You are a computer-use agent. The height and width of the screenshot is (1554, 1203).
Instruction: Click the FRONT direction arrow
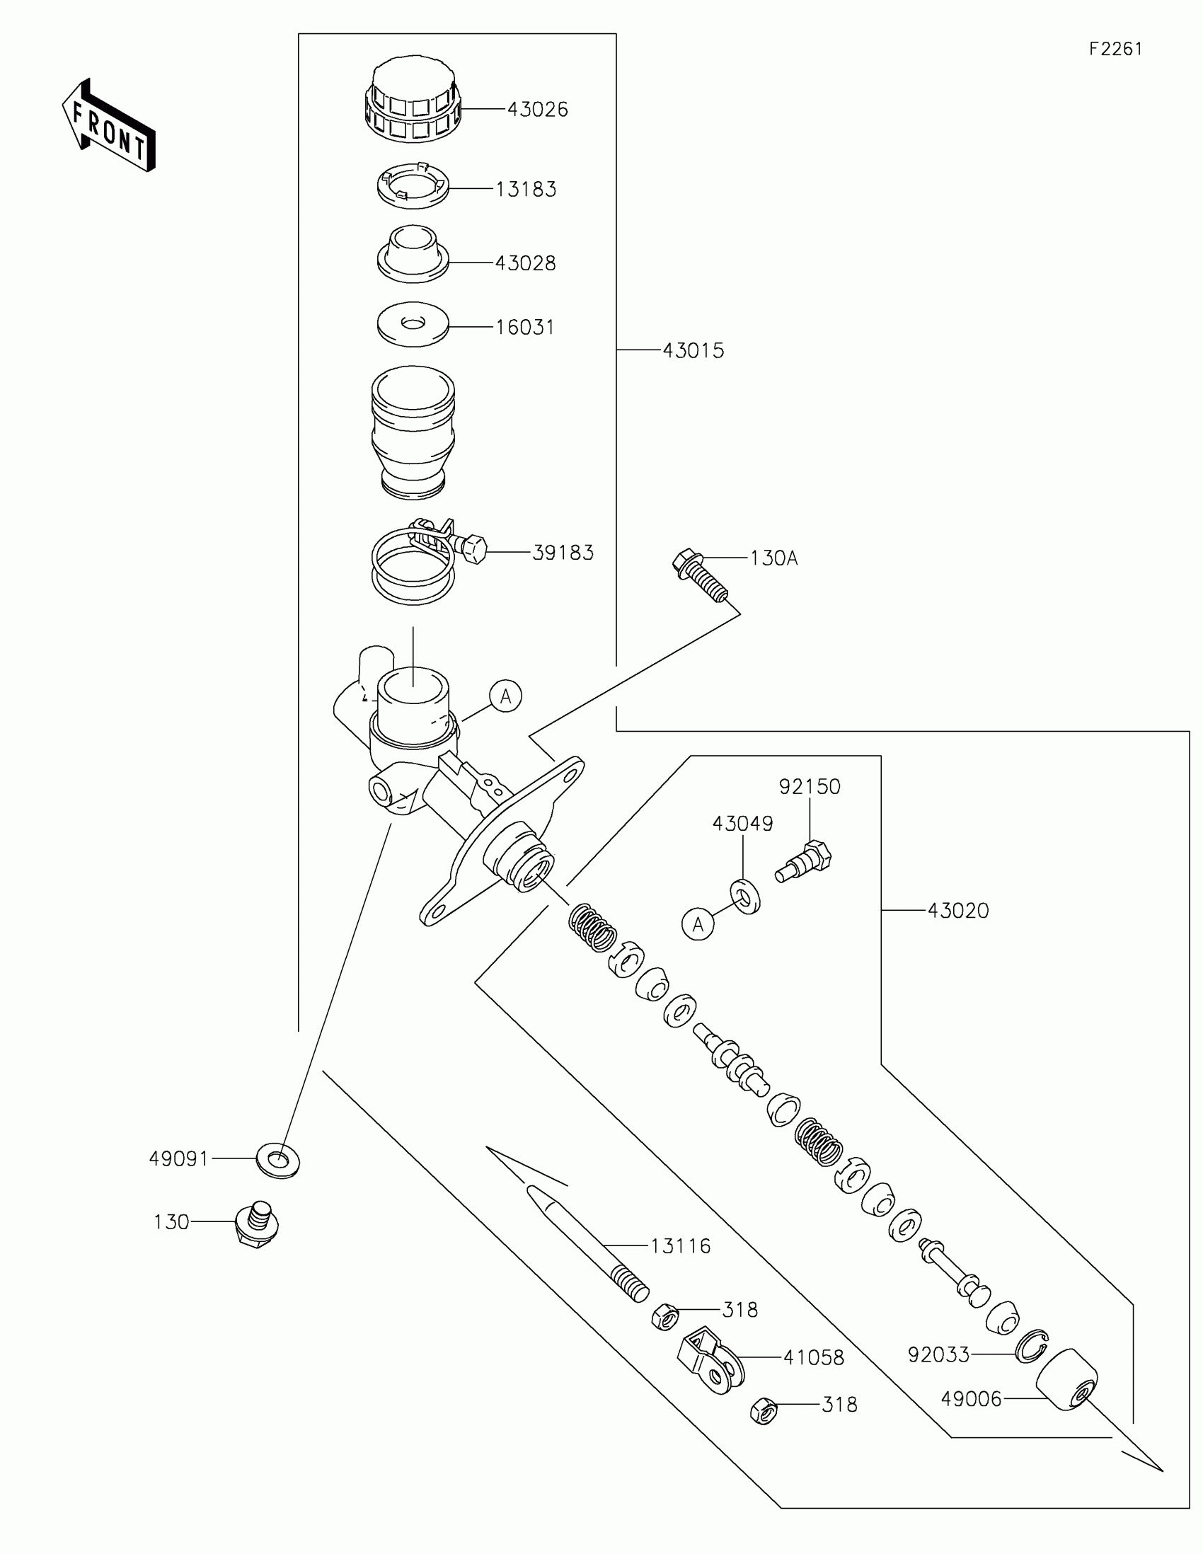click(x=108, y=127)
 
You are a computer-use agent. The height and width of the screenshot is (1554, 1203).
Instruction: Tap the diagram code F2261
click(x=1115, y=49)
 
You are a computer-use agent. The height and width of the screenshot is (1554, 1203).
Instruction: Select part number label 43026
click(x=537, y=110)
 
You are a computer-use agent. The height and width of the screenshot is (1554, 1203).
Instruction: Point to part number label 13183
click(x=526, y=189)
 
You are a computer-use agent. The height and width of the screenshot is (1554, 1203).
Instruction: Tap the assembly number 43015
click(x=693, y=351)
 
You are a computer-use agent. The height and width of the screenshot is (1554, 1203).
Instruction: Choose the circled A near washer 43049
click(x=698, y=924)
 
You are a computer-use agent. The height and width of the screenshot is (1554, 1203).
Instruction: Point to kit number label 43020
click(x=957, y=911)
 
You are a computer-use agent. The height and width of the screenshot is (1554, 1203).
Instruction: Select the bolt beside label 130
click(x=257, y=1221)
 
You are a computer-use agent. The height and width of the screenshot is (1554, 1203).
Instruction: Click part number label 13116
click(x=680, y=1246)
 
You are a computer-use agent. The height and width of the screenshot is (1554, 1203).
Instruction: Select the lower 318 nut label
click(x=839, y=1405)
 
